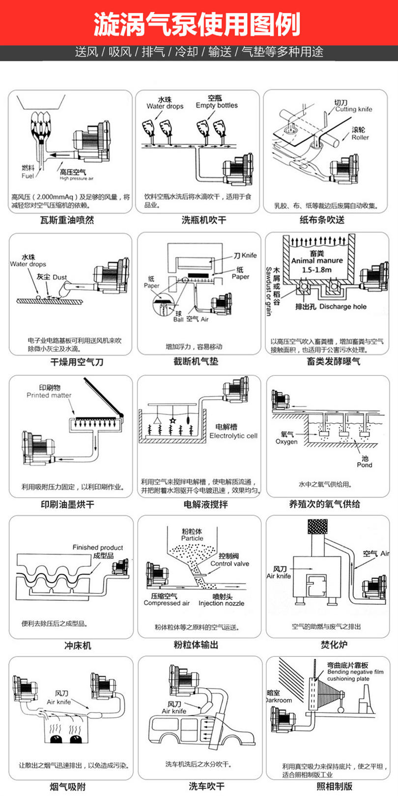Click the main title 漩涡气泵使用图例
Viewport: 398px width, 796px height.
coord(199,23)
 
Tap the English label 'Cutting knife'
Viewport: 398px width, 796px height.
coord(353,109)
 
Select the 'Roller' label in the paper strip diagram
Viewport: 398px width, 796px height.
coord(360,137)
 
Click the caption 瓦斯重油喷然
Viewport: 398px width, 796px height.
coord(67,220)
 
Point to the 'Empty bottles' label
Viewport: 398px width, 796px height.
coord(216,105)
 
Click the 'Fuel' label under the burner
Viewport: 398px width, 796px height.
coord(28,176)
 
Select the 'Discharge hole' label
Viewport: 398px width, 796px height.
coord(342,306)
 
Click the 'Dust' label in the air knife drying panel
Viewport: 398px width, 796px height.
coord(59,277)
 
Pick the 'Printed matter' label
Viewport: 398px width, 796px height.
coord(49,395)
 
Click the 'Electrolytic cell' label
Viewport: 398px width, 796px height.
coord(233,436)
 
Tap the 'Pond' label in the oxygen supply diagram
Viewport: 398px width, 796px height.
coord(364,465)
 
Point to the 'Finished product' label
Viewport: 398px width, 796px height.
coord(97,547)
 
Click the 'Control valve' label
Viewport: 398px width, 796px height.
coord(229,563)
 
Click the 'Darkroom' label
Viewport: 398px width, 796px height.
coord(279,700)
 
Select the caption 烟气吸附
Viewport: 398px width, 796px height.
coord(67,786)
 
